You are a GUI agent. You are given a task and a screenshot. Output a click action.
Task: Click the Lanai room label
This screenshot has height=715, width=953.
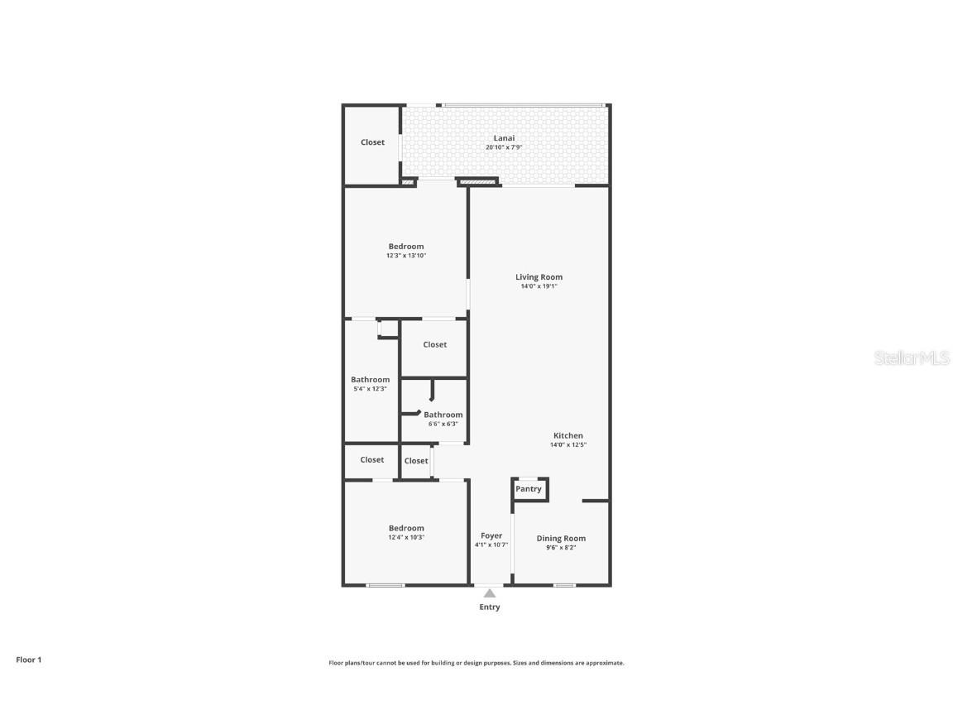504,138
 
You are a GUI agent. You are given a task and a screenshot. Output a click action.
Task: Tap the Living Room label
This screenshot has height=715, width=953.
539,277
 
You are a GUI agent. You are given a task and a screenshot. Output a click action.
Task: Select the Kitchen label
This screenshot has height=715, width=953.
568,435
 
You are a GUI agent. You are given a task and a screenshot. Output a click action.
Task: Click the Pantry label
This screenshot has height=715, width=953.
529,489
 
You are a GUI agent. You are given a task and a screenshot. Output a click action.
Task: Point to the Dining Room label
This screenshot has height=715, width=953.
561,539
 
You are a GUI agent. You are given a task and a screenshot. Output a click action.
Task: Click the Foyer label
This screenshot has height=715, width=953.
491,535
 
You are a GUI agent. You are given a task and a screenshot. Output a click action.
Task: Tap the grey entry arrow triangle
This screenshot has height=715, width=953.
490,593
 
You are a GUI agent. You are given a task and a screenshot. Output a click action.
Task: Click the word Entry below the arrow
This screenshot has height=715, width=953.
490,607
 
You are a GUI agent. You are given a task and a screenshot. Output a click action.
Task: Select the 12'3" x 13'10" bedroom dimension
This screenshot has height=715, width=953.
406,256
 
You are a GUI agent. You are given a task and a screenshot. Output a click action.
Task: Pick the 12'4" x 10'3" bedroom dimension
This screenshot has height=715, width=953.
406,537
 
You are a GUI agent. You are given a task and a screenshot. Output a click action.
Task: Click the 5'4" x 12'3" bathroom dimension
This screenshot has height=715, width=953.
370,389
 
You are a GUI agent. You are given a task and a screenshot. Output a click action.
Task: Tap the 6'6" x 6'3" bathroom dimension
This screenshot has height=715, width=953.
443,424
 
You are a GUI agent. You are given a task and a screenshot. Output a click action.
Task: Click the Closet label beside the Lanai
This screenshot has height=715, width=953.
372,142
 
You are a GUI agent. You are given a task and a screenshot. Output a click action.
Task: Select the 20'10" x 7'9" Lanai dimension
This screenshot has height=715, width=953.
504,147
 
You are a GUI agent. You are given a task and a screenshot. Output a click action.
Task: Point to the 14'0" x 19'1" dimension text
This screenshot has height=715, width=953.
539,286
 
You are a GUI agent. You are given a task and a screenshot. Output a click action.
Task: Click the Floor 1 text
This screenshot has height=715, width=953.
28,660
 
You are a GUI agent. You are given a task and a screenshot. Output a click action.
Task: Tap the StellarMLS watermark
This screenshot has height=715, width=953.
912,358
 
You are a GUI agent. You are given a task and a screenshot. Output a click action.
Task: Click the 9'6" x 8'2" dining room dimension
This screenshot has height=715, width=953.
561,547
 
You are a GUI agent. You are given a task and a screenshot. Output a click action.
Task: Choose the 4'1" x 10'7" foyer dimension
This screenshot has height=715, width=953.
491,545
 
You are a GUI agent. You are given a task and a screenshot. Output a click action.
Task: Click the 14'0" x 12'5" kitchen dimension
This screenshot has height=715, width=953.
568,444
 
